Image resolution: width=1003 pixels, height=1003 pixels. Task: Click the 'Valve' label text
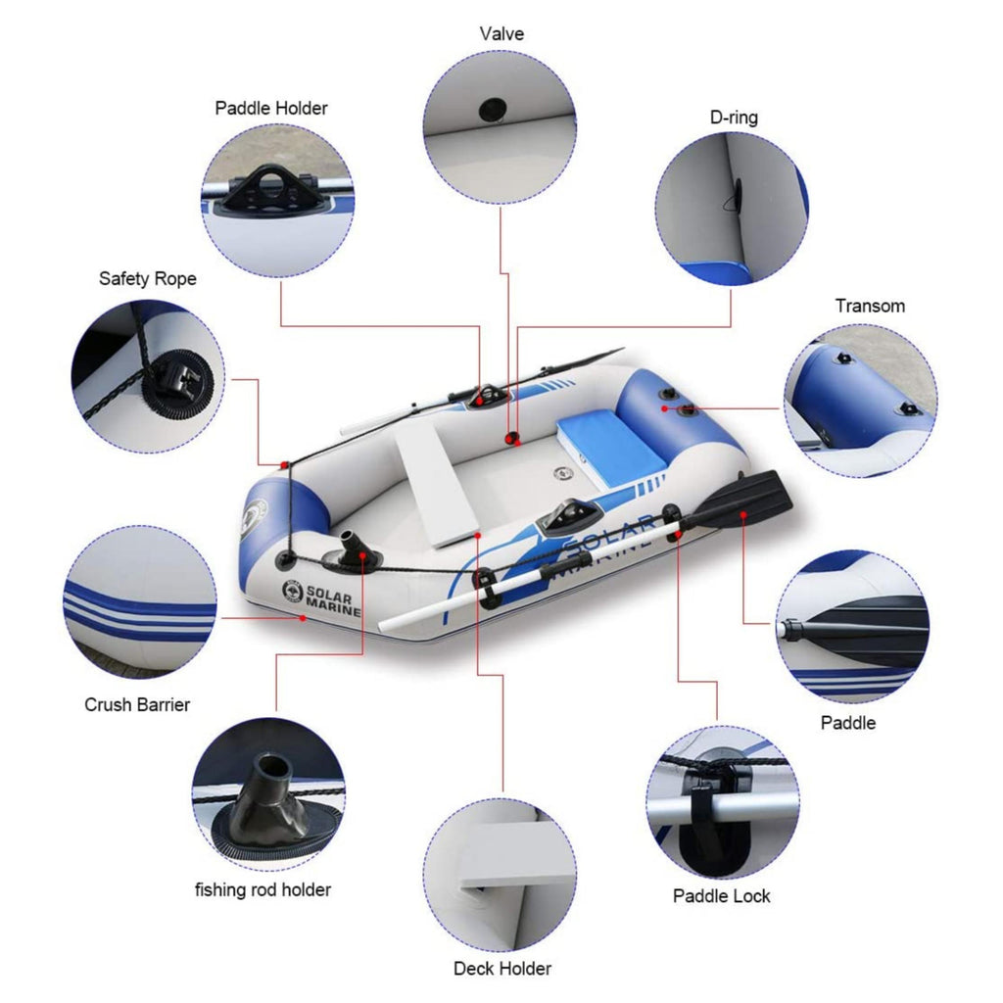point(501,34)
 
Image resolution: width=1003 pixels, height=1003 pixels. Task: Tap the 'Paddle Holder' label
point(271,108)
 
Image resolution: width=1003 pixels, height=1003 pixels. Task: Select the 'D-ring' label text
point(734,118)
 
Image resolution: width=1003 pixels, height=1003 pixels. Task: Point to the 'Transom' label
point(870,306)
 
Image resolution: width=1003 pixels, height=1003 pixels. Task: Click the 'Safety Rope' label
point(147,279)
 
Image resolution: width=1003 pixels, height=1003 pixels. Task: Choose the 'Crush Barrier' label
point(137,704)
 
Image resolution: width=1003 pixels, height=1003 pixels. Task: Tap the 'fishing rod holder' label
point(263,890)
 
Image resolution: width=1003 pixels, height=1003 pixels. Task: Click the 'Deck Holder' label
point(501,969)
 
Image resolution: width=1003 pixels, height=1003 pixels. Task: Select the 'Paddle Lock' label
point(722,896)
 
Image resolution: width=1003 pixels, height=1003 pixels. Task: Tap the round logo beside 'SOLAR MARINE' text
point(292,591)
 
